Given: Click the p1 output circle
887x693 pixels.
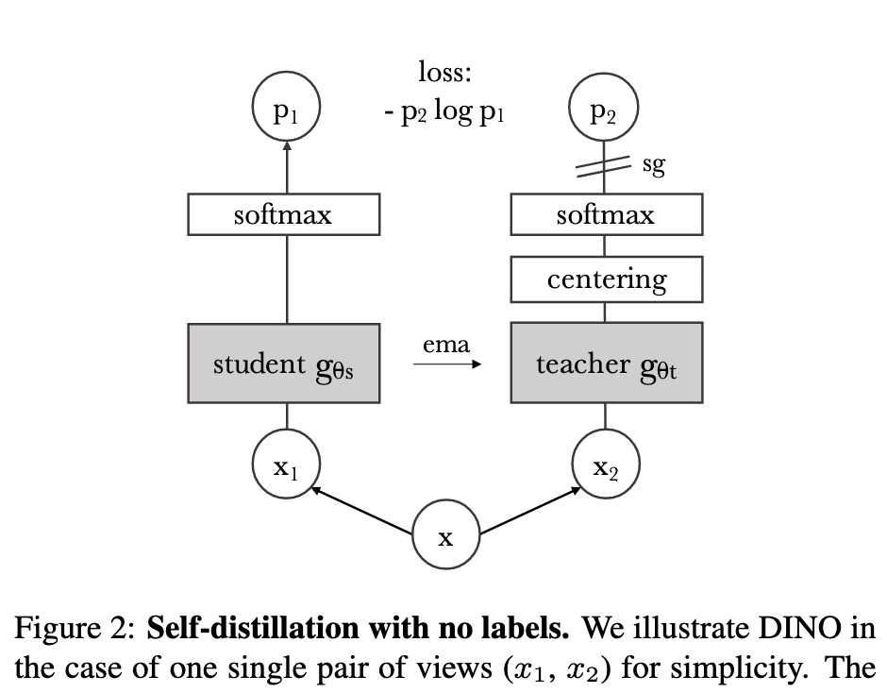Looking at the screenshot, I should click(286, 110).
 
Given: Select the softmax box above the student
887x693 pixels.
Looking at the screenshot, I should click(284, 215).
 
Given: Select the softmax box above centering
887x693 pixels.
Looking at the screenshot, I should click(606, 215).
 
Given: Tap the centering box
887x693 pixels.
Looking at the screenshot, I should click(606, 279).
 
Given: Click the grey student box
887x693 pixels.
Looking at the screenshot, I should click(284, 363).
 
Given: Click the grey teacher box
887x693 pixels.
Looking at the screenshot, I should click(606, 363).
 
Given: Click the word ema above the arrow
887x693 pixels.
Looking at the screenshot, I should click(446, 346).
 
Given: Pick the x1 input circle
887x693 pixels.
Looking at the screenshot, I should click(286, 465).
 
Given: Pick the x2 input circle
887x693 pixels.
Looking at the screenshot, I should click(606, 465).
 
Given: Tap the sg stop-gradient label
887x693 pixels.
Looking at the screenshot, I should click(653, 165).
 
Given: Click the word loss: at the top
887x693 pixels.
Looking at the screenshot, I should click(444, 72).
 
